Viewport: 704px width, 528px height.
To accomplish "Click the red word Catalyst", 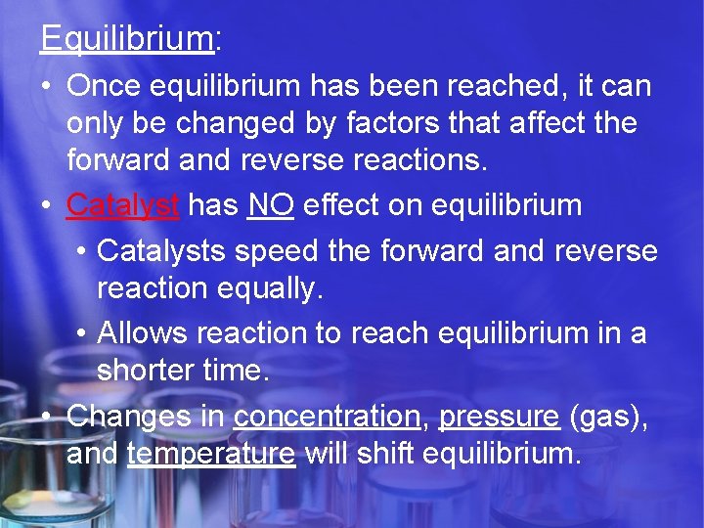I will (x=122, y=205).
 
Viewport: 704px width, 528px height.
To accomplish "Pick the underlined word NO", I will (x=271, y=205).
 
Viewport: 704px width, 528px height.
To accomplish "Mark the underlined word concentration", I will (x=327, y=416).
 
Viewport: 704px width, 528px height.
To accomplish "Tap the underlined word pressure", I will (x=499, y=416).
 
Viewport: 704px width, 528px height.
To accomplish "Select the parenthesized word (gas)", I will (x=606, y=416).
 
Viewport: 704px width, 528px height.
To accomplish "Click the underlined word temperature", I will (x=210, y=454).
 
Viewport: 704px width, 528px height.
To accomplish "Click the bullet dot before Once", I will (x=47, y=87).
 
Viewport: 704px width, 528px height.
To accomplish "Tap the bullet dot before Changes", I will (x=47, y=417).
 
